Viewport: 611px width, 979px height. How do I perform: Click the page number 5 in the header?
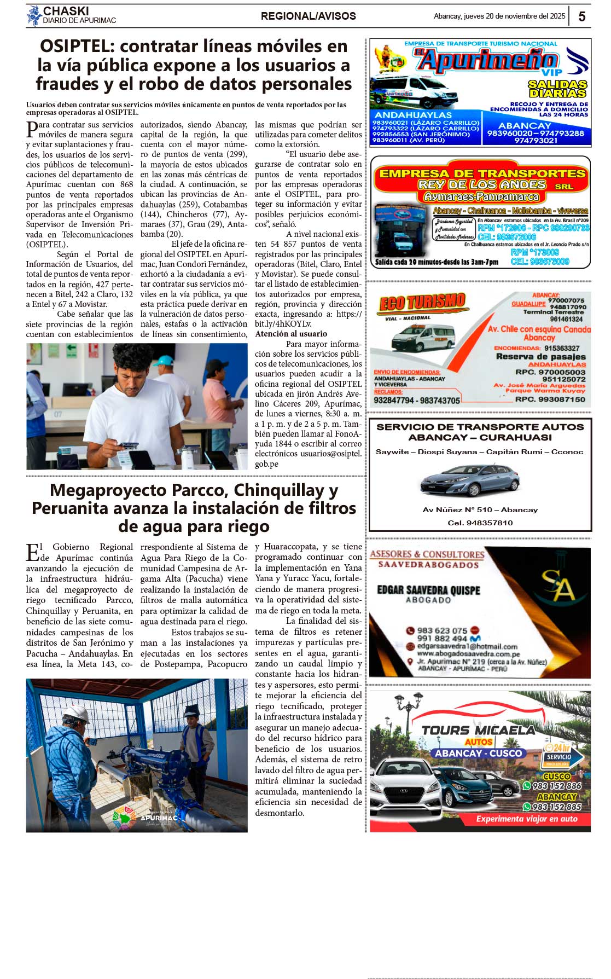(x=581, y=16)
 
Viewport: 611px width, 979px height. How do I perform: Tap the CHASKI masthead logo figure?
(x=34, y=16)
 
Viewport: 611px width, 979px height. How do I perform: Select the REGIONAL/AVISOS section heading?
(x=308, y=16)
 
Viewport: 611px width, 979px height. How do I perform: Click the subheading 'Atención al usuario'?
(x=291, y=334)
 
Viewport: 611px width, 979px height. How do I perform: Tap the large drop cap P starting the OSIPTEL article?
(x=31, y=129)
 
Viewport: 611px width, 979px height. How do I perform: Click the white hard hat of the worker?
(x=77, y=714)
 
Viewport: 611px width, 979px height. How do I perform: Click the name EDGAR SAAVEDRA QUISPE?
(x=428, y=590)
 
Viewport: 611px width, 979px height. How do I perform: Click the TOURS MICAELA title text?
(x=478, y=730)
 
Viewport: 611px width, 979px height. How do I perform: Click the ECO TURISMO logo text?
(x=422, y=302)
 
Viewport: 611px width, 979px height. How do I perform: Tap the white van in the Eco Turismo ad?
(x=423, y=337)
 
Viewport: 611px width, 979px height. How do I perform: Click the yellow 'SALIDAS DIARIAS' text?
(x=557, y=89)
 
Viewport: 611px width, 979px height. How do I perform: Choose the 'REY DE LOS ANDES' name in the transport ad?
(x=481, y=185)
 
